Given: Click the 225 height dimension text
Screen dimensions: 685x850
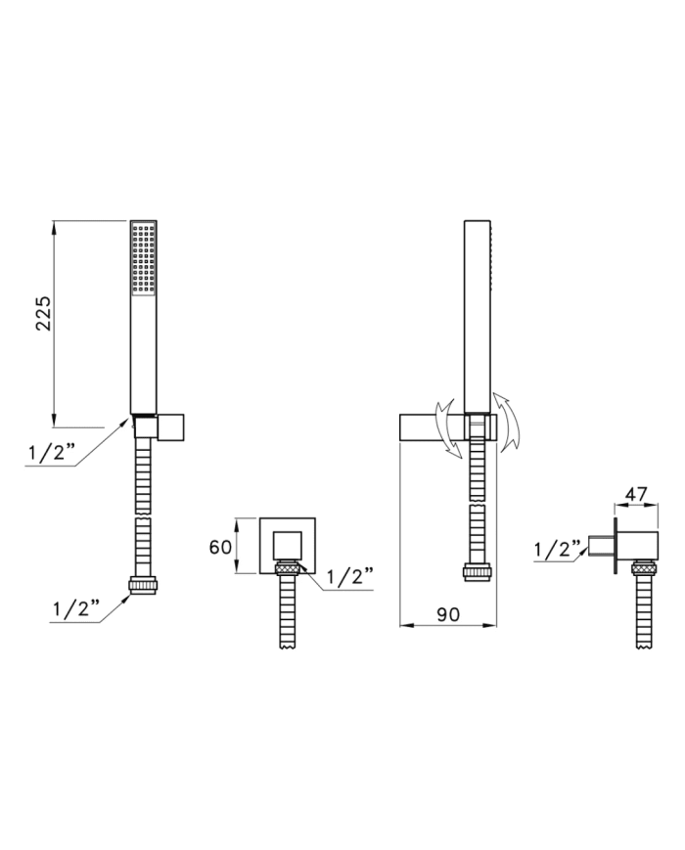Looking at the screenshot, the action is [43, 313].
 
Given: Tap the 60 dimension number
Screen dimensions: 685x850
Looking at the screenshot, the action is [220, 547].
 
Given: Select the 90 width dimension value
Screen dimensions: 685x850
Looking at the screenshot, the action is [448, 614].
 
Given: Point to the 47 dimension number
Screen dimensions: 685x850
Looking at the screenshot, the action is [636, 494].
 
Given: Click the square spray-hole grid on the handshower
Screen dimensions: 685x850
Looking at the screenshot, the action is [144, 258].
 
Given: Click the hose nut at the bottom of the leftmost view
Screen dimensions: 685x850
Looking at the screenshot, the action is [143, 586].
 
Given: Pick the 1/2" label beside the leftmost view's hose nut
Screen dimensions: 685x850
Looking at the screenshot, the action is [76, 608].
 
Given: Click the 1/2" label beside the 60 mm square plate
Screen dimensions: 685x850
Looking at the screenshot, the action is [349, 577].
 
